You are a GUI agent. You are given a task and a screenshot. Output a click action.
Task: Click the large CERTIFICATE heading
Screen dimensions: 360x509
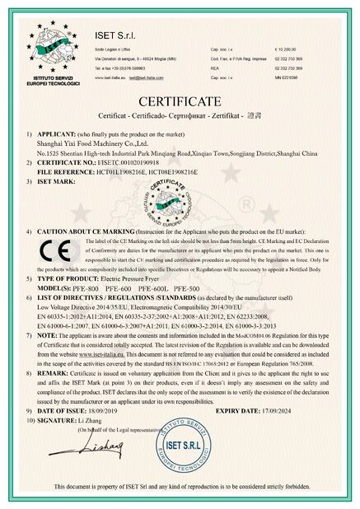pos(179,101)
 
